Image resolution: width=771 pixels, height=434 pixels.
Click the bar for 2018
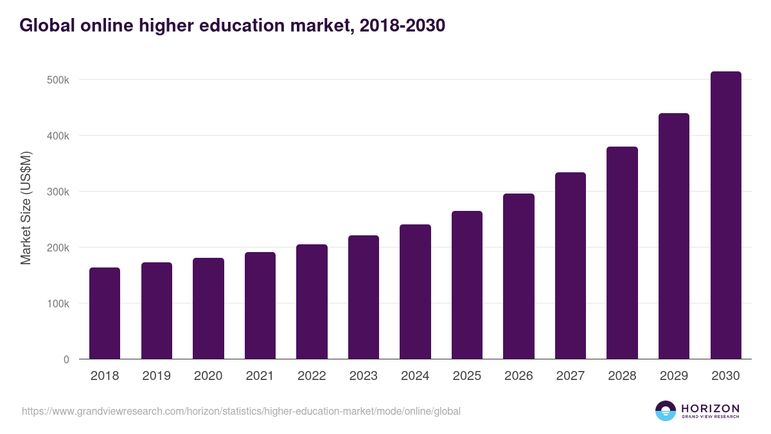(105, 313)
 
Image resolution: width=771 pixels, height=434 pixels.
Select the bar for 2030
(725, 215)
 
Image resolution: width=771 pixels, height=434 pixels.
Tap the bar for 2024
(415, 292)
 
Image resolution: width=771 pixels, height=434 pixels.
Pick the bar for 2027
(571, 266)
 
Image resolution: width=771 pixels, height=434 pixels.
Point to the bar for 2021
(260, 305)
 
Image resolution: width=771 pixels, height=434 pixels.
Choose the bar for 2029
(674, 236)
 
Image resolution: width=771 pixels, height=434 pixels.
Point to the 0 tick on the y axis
(66, 359)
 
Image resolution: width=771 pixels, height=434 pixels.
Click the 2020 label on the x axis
(208, 376)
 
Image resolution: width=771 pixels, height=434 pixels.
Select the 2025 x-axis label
(466, 376)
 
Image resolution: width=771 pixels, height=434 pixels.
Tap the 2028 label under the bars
(622, 376)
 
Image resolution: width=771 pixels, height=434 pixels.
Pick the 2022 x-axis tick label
(312, 376)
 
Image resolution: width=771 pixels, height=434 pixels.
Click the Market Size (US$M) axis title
(26, 208)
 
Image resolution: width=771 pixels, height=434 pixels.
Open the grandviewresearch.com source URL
(241, 411)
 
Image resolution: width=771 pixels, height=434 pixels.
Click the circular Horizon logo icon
(666, 411)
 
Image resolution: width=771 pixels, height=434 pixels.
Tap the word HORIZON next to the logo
(710, 408)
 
